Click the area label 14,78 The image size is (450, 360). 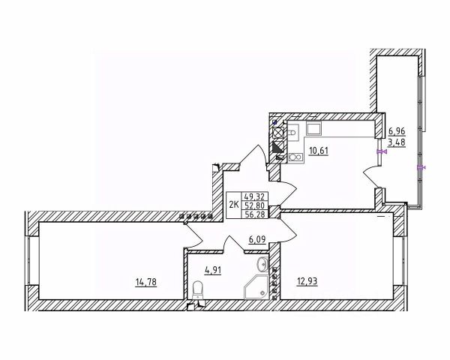146,282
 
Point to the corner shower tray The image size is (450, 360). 256,285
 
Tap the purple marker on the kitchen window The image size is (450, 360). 381,151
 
